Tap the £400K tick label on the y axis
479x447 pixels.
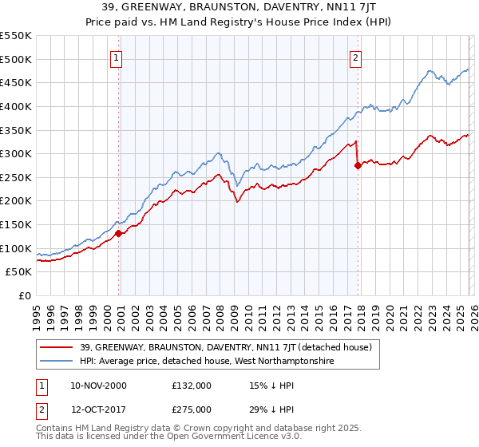pos(16,106)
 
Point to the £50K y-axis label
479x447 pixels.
pos(19,272)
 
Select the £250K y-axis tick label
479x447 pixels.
pos(16,177)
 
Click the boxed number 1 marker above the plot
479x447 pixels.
pos(117,57)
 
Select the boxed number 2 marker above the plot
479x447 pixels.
pos(355,57)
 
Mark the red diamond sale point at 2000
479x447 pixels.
pos(119,233)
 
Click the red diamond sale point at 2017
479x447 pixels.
pos(358,165)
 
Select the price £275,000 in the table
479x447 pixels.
pos(192,409)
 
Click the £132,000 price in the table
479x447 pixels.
pos(192,386)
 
